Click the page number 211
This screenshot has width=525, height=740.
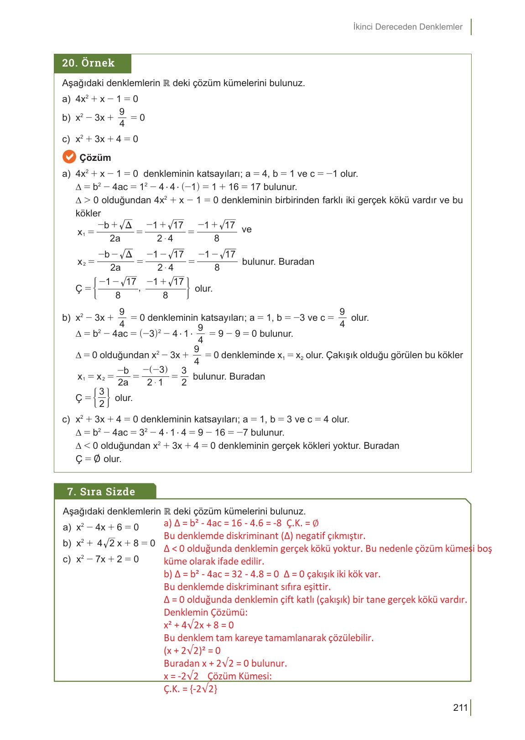(460, 708)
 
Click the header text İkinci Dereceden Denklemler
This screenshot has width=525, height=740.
(408, 27)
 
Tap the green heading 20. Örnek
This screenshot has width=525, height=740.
(88, 63)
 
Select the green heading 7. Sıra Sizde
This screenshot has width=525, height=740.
(101, 492)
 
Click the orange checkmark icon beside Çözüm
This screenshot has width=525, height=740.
(69, 157)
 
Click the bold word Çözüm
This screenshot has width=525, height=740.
(95, 158)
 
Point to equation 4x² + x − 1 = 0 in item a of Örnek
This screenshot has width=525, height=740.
(107, 99)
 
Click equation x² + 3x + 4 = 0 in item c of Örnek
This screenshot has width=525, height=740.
(107, 139)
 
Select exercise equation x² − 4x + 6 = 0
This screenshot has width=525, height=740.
(107, 527)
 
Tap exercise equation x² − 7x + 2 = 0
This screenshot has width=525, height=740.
(107, 559)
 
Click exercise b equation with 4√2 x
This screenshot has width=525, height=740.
(115, 543)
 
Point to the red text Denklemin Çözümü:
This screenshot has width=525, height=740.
(206, 612)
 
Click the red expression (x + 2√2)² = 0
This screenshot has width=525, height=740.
(192, 650)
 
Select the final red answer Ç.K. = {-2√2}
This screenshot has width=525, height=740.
(191, 689)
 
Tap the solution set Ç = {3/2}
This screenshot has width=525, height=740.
(93, 398)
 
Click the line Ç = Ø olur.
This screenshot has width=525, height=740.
(99, 459)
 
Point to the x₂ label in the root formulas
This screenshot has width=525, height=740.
(82, 262)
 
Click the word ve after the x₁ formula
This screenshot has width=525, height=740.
(246, 229)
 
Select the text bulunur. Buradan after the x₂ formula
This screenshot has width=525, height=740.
(278, 262)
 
